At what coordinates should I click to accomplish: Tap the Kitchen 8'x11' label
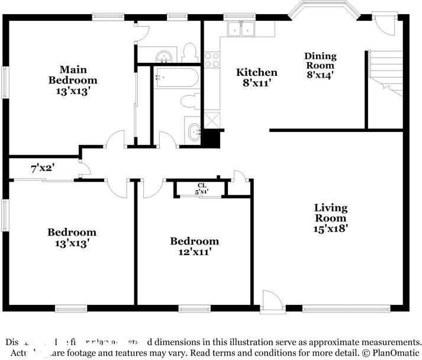click(x=257, y=78)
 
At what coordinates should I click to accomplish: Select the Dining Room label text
click(x=320, y=60)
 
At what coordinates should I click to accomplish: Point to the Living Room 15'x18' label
click(x=330, y=217)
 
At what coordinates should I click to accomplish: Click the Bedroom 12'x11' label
click(x=194, y=246)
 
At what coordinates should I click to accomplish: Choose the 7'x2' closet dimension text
click(x=43, y=168)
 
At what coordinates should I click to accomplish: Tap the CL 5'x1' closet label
click(x=202, y=188)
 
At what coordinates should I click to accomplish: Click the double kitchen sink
click(x=241, y=28)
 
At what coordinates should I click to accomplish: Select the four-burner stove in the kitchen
click(x=211, y=60)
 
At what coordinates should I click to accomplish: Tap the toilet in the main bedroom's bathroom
click(x=190, y=52)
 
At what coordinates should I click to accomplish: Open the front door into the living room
click(x=272, y=300)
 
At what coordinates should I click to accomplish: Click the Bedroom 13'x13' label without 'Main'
click(x=72, y=237)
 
